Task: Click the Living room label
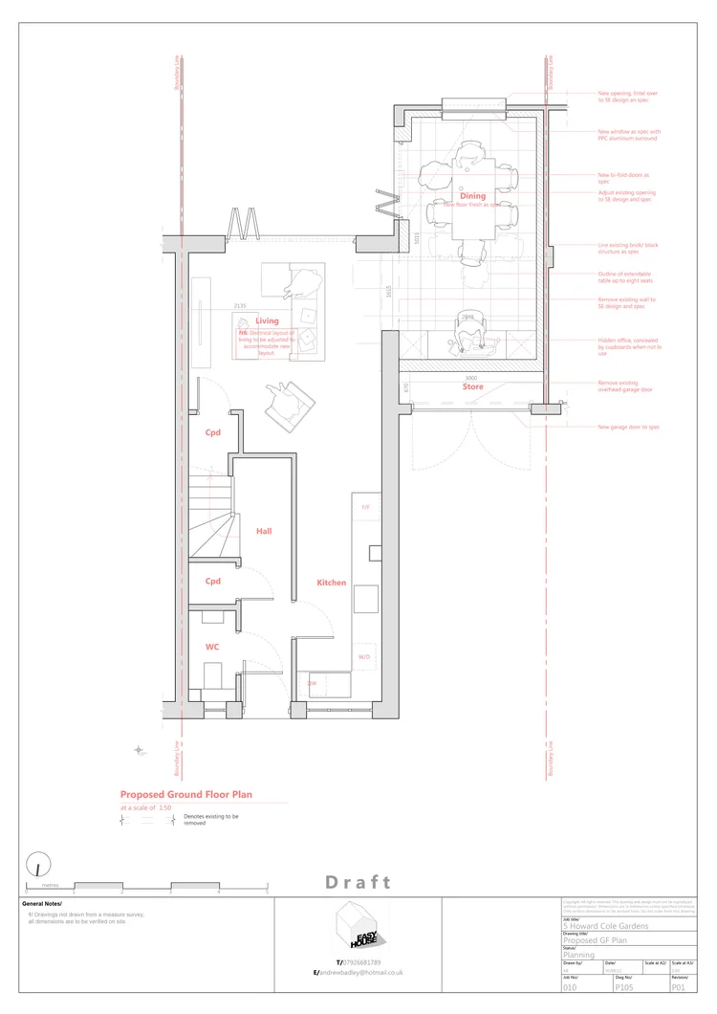coord(267,321)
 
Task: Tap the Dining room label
coord(472,196)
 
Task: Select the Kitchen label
coord(332,583)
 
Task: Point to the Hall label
coord(265,530)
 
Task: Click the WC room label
coord(212,647)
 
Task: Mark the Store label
coord(472,387)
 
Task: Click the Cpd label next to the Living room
coord(212,432)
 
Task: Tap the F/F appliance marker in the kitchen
coord(364,507)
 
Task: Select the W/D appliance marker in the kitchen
coord(364,657)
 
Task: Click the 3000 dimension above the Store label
coord(470,378)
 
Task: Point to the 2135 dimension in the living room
coord(240,306)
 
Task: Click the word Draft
coord(358,882)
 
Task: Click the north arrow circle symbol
coord(38,864)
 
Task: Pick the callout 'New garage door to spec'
coord(628,427)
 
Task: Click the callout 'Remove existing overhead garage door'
coord(625,386)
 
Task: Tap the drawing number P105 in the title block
coord(624,986)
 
